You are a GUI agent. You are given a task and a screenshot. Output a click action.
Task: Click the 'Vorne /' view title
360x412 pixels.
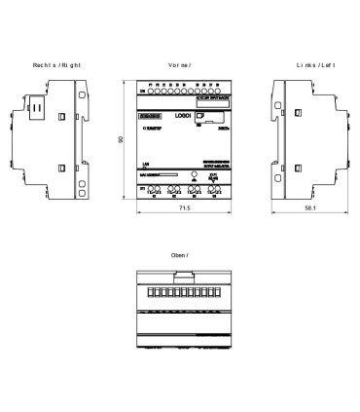coord(179,64)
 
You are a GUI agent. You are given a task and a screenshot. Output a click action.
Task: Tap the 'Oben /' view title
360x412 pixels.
coord(179,255)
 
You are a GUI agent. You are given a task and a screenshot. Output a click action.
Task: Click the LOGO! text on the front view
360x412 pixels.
coord(181,116)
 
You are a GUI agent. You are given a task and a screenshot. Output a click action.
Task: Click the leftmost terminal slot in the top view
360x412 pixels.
coord(150,292)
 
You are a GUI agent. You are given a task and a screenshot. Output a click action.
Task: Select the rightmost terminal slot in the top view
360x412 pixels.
coord(207,292)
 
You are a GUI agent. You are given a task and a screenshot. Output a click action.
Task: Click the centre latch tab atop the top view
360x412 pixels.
coord(179,278)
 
